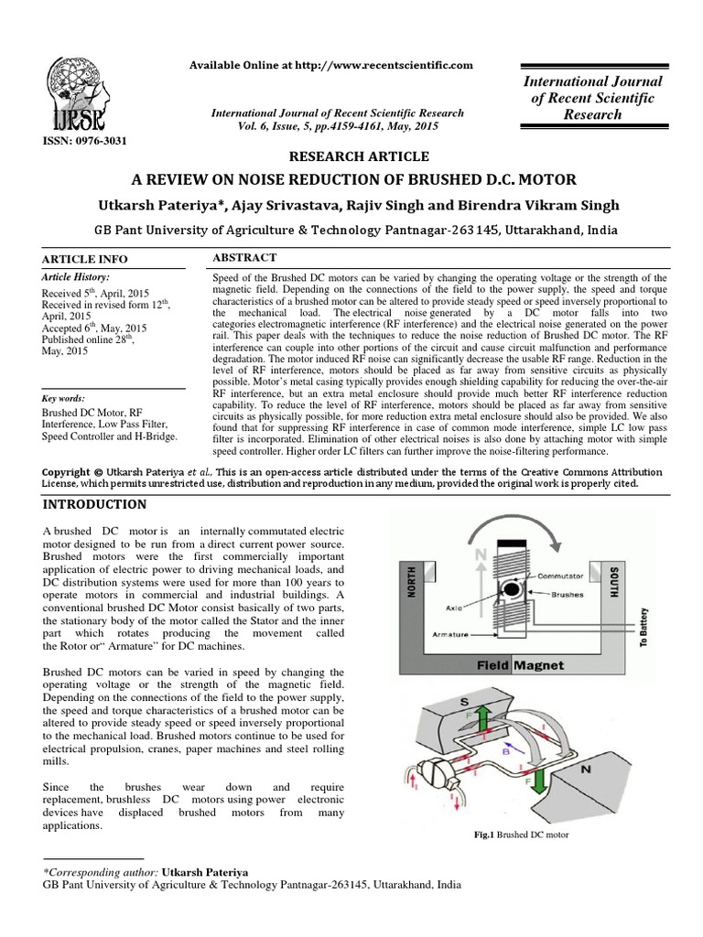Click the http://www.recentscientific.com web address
[368, 64]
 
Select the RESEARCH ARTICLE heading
[351, 157]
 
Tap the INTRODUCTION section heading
[94, 504]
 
